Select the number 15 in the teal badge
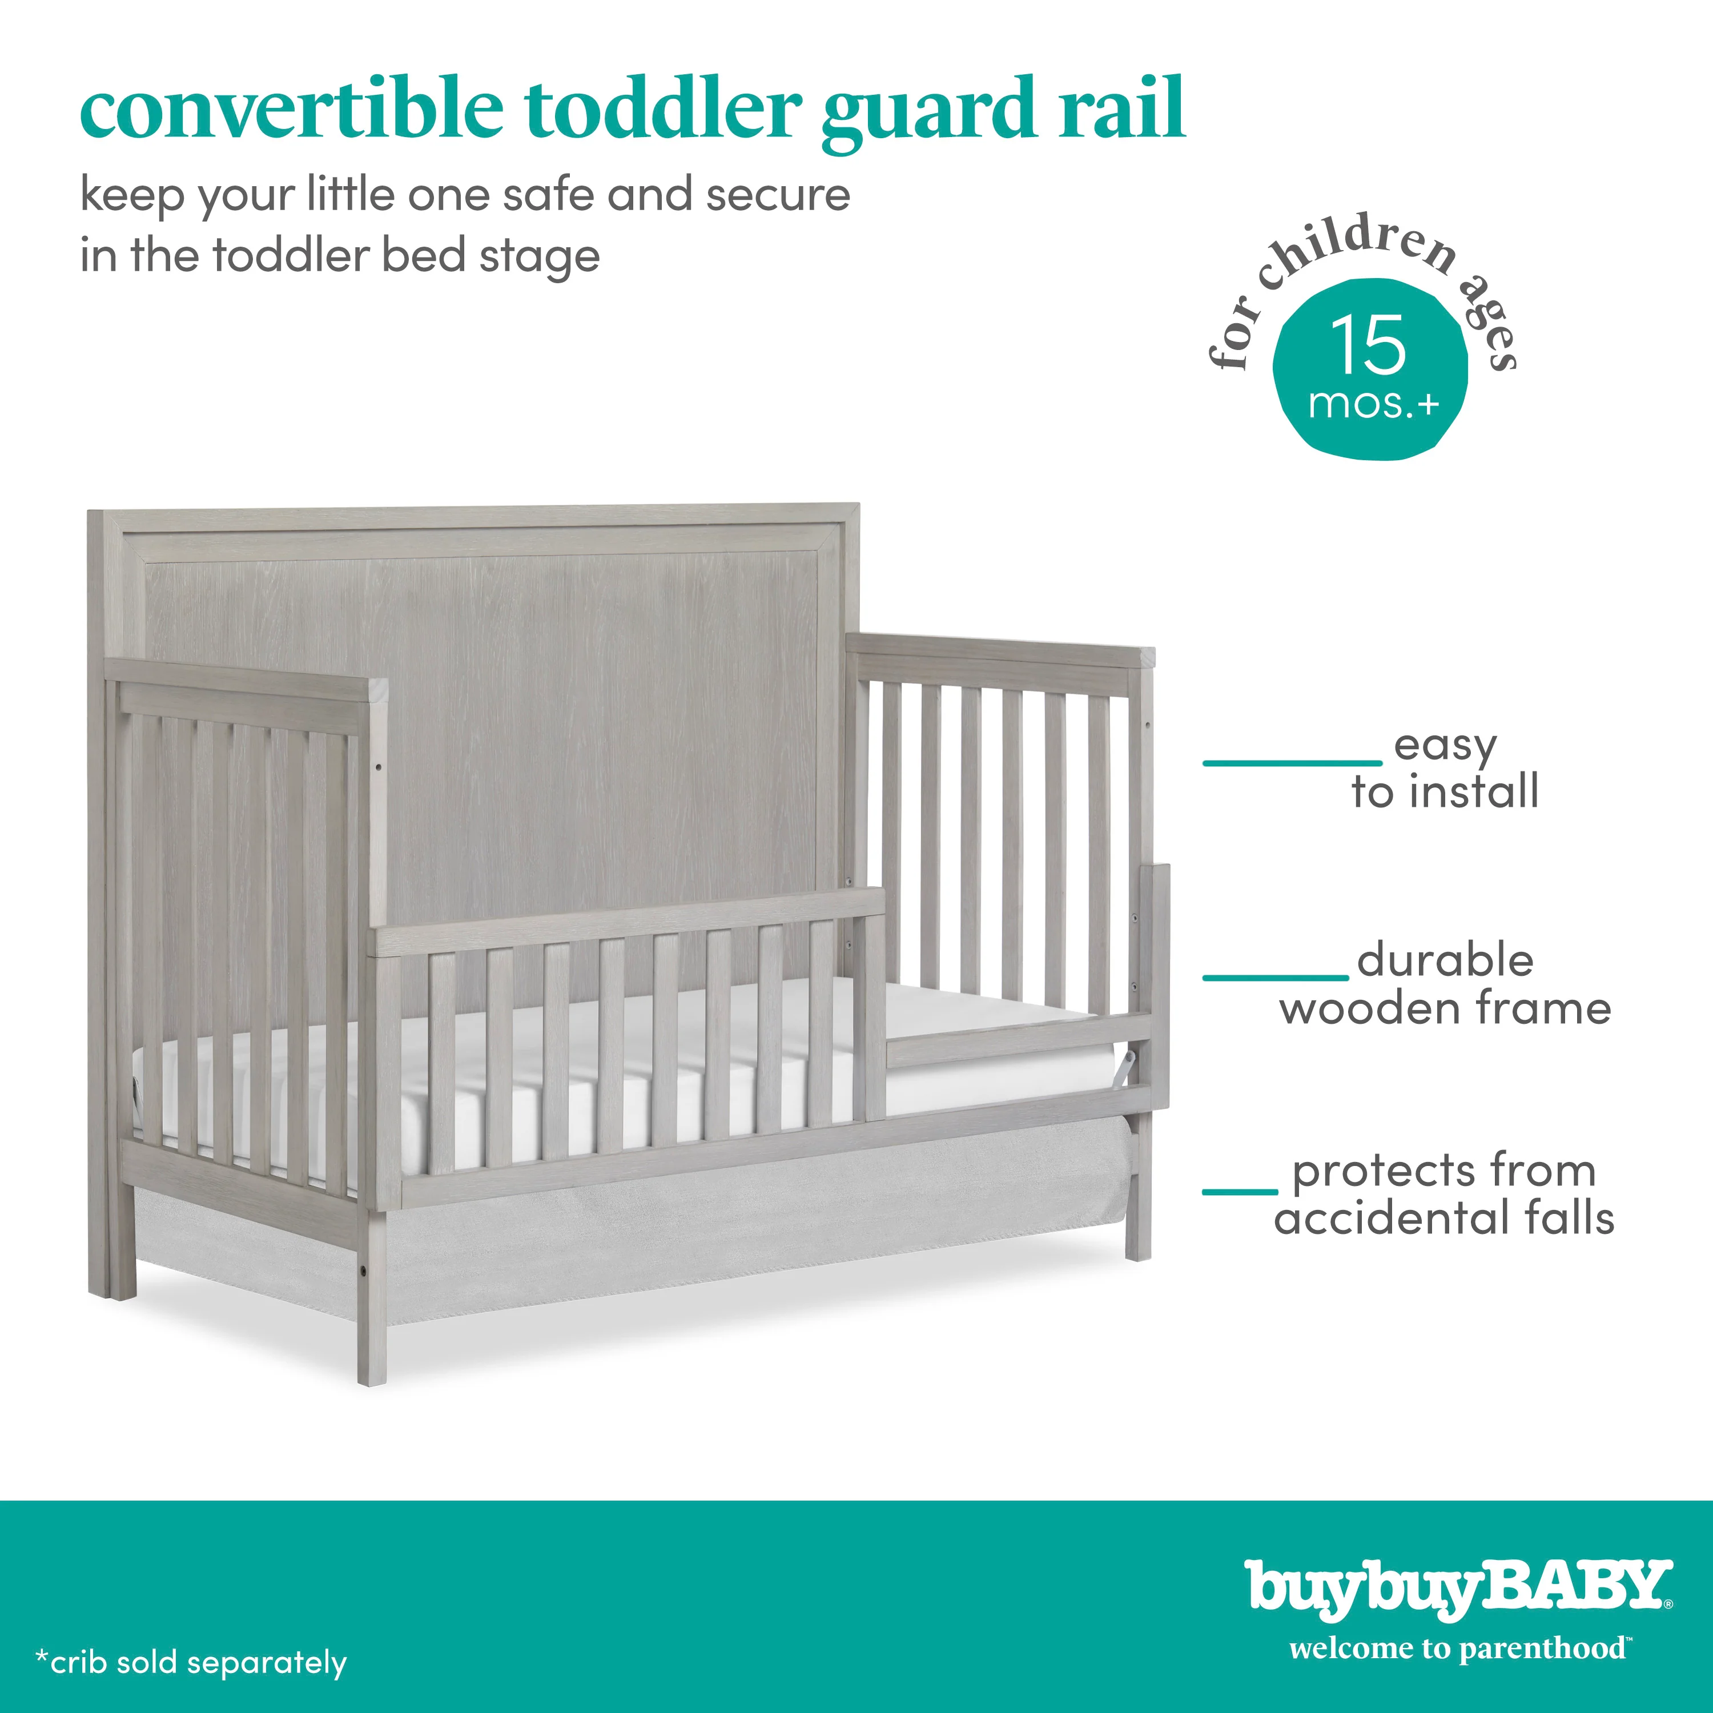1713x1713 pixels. coord(1368,345)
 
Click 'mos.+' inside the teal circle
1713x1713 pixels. coord(1373,405)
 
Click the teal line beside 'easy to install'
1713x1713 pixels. coord(1292,762)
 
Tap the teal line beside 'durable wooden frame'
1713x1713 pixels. coord(1275,978)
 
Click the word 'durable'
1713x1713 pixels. coord(1445,960)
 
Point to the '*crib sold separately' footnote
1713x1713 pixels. coord(191,1662)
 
